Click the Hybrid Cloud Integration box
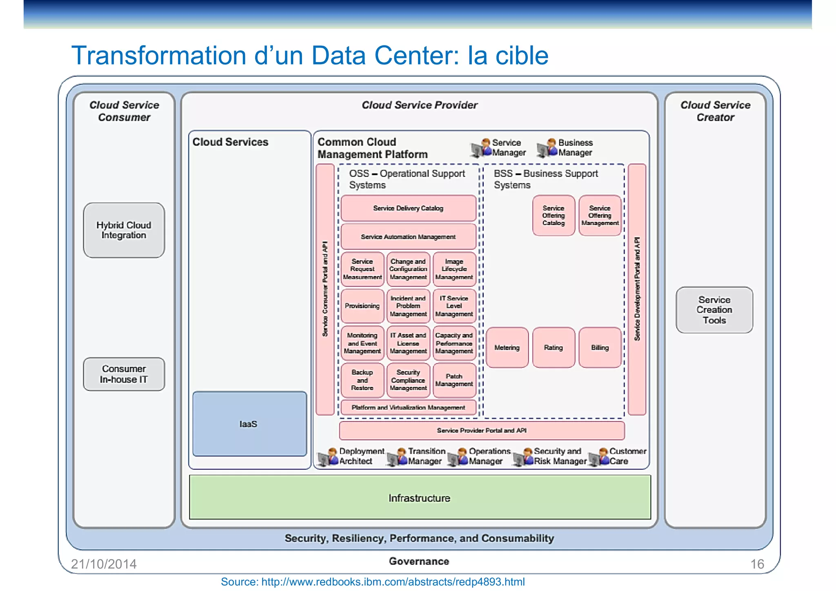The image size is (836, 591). point(124,230)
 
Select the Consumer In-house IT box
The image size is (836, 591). point(124,374)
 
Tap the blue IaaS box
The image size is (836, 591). point(249,424)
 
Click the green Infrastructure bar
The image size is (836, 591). point(420,498)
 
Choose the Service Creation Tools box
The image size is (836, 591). point(714,310)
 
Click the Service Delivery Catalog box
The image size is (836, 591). point(408,208)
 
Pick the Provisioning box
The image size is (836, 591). point(362,306)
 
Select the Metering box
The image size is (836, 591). point(507,348)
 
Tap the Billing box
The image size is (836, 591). point(600,348)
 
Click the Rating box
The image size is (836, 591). point(553,348)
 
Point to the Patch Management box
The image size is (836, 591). point(454,380)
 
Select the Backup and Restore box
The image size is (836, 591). point(362,380)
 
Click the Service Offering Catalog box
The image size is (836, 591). point(553,216)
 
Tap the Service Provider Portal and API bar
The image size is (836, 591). point(482,431)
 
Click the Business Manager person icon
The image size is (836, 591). point(547,148)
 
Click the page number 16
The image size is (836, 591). point(757,564)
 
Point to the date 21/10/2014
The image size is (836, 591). point(104,564)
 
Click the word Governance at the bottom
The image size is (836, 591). point(419,561)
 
